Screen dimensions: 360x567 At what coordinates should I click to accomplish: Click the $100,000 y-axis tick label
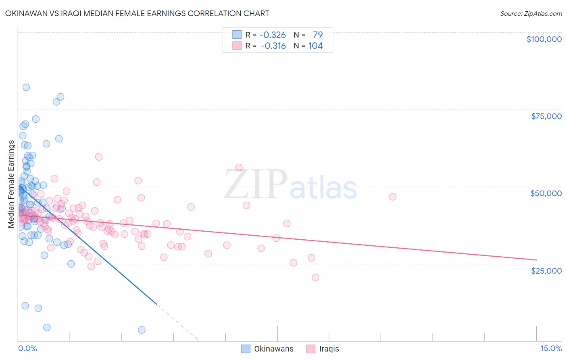pos(544,39)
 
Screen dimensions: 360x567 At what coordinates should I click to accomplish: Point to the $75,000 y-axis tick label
pos(546,116)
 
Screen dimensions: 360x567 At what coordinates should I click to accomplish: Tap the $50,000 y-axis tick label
pos(546,193)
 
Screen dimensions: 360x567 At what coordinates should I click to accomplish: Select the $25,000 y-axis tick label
pos(546,270)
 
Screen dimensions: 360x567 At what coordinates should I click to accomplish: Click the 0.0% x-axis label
pos(27,348)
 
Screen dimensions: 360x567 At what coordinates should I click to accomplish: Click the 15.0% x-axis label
pos(551,348)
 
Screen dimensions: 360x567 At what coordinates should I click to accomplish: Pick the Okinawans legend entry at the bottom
pos(268,349)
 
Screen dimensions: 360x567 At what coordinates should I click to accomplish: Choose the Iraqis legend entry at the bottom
pos(323,349)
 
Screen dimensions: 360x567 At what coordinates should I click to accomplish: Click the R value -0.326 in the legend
pos(273,35)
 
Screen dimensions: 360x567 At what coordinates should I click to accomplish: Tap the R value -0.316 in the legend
pos(273,46)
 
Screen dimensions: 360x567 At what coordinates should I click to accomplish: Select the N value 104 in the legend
pos(315,46)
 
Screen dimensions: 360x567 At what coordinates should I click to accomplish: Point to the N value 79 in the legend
pos(317,35)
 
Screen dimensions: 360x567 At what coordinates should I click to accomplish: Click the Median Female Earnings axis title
pos(11,184)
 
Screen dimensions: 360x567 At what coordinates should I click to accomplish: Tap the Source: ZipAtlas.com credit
pos(531,13)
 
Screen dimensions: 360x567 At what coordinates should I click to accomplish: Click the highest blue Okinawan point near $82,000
pos(26,87)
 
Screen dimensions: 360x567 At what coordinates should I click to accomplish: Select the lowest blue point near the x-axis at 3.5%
pos(142,330)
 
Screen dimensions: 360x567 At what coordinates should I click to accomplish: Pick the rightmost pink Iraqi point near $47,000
pos(392,197)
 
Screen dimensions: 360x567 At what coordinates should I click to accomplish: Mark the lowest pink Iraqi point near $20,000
pos(315,277)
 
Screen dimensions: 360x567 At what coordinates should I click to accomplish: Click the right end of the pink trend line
pos(536,260)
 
